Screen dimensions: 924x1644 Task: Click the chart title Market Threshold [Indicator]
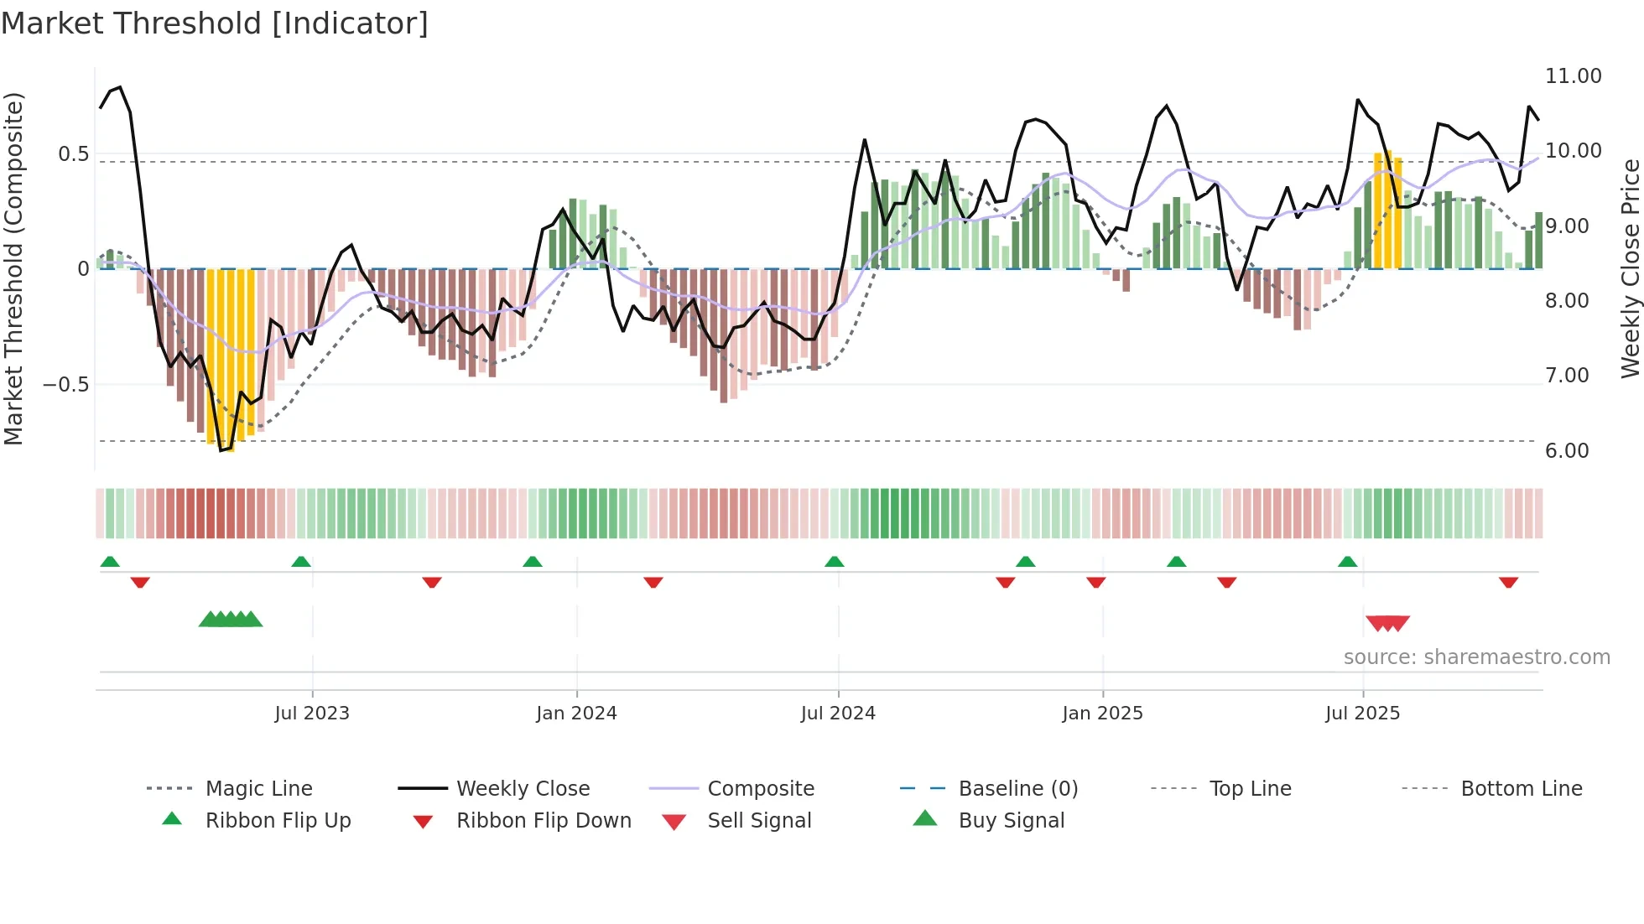coord(215,23)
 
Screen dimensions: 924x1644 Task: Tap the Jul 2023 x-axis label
coord(311,714)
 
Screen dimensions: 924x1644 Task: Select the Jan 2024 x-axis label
coord(576,714)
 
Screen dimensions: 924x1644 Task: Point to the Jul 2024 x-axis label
coord(838,714)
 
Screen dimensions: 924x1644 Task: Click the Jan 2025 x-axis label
coord(1102,714)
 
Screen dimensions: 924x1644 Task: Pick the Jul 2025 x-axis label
coord(1362,714)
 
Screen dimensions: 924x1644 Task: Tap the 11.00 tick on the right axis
coord(1573,76)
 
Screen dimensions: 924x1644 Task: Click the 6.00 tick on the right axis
coord(1567,451)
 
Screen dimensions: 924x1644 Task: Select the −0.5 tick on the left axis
coord(65,385)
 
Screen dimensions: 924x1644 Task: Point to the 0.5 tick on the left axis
coord(73,154)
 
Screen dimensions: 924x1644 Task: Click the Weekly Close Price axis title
coord(1629,268)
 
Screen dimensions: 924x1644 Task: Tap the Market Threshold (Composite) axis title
coord(13,268)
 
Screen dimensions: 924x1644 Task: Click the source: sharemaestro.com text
coord(1476,657)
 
